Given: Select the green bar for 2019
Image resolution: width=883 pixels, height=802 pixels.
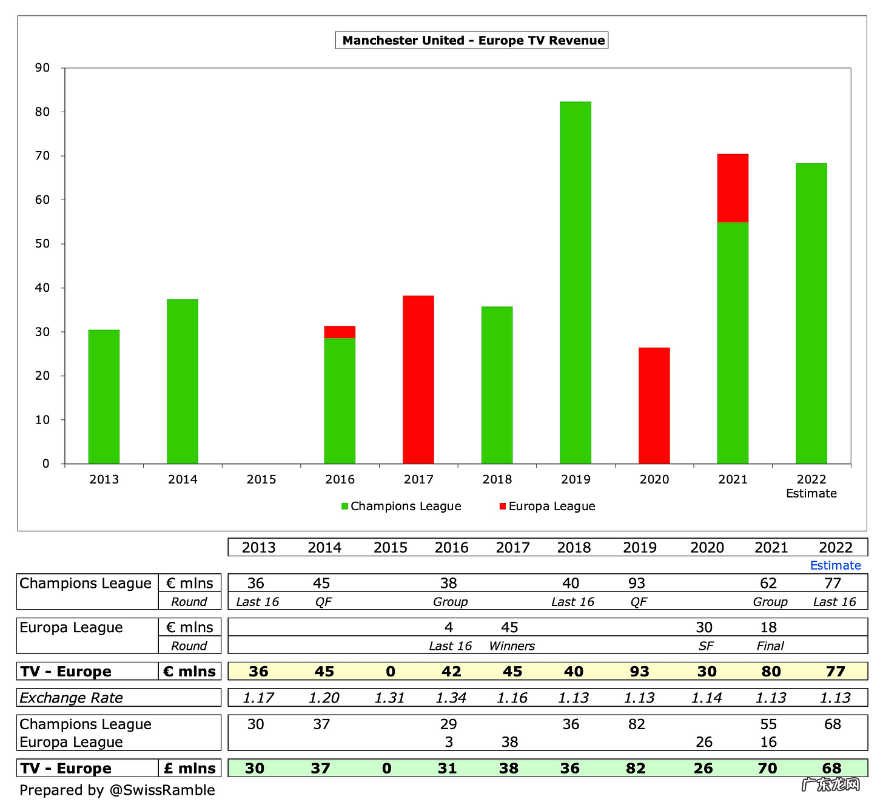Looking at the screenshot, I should click(x=576, y=282).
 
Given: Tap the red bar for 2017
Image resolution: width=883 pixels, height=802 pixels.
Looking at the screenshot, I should click(x=418, y=379).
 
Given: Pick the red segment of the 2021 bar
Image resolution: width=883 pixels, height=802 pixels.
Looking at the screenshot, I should click(x=733, y=188).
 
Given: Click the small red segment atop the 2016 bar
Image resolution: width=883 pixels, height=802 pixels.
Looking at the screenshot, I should click(x=340, y=332).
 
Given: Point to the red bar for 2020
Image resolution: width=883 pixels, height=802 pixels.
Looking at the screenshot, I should click(x=654, y=405).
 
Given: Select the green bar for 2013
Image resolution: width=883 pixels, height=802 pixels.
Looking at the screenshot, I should click(x=104, y=396).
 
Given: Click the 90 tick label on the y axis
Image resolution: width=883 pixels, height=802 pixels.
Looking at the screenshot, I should click(x=42, y=67).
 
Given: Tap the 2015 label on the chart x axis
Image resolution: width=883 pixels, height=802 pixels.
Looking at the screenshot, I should click(x=261, y=479).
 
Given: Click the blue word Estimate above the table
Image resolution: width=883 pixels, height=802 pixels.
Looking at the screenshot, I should click(x=835, y=565).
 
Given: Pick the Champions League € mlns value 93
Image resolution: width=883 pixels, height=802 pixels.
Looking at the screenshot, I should click(x=637, y=583).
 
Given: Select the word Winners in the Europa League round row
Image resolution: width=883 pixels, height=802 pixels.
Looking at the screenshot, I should click(x=512, y=646).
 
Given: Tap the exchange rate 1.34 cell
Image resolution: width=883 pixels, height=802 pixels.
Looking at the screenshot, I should click(x=451, y=698).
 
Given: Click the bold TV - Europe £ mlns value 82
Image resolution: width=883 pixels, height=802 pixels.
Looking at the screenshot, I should click(x=636, y=768).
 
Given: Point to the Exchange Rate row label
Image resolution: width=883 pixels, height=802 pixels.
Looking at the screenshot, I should click(x=71, y=698).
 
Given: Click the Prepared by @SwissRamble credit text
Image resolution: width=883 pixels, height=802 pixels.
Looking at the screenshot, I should click(x=117, y=790).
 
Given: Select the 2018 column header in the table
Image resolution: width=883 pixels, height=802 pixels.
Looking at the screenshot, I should click(x=574, y=547).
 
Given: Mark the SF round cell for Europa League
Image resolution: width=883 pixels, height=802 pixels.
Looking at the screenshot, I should click(x=706, y=646).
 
